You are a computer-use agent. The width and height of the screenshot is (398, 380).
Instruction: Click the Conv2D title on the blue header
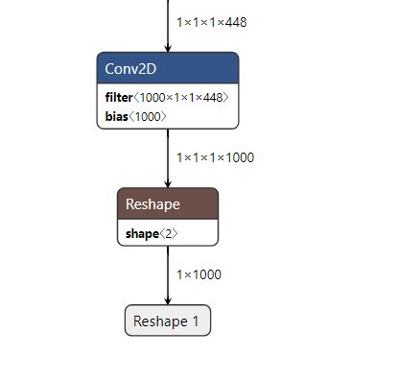[x=131, y=68]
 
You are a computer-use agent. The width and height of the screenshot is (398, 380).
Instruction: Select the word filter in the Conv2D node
[x=119, y=98]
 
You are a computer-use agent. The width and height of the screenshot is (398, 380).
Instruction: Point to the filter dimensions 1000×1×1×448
[x=181, y=98]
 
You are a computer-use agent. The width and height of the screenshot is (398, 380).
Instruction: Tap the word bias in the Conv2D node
[x=115, y=116]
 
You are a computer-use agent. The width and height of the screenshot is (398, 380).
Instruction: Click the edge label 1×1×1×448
[x=211, y=21]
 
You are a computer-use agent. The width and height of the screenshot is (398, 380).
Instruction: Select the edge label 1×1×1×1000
[x=215, y=157]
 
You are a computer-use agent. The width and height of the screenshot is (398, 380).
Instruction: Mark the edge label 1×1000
[x=199, y=274]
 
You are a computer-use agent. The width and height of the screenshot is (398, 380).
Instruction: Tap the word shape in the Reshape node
[x=140, y=233]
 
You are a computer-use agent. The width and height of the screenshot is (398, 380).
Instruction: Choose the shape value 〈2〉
[x=168, y=233]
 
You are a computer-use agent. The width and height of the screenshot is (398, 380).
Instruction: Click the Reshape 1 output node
[x=168, y=321]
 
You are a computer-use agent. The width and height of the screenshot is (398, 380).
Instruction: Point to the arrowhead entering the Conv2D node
[x=168, y=48]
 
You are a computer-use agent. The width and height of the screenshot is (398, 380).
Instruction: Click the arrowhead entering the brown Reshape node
[x=168, y=183]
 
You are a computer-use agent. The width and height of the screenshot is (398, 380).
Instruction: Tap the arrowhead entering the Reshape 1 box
[x=168, y=300]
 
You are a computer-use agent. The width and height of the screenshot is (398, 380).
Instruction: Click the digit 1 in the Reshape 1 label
[x=196, y=321]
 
